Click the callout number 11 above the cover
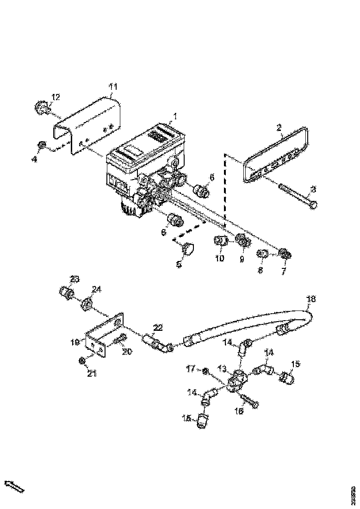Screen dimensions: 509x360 pyautogui.click(x=113, y=87)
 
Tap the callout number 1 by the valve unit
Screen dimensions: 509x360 pyautogui.click(x=175, y=116)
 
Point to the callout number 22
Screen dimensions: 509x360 pyautogui.click(x=158, y=328)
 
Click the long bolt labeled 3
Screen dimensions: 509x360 pyautogui.click(x=296, y=195)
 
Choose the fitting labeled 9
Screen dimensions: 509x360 pyautogui.click(x=242, y=240)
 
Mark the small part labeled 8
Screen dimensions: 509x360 pyautogui.click(x=262, y=254)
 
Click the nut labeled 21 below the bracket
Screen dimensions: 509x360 pyautogui.click(x=82, y=361)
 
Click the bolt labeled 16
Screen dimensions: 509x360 pyautogui.click(x=249, y=399)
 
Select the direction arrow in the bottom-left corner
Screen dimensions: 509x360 pyautogui.click(x=14, y=486)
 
